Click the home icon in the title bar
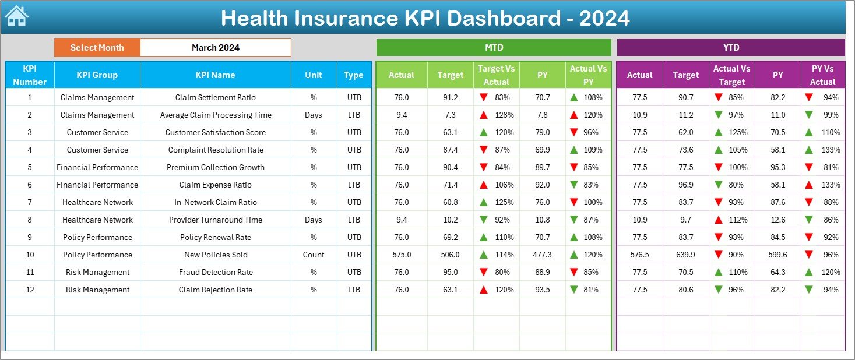pyautogui.click(x=16, y=16)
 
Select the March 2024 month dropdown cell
pyautogui.click(x=215, y=48)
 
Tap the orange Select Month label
pyautogui.click(x=97, y=48)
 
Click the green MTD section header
pyautogui.click(x=494, y=48)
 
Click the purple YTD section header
pyautogui.click(x=731, y=48)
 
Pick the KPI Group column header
pyautogui.click(x=97, y=75)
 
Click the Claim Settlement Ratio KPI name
pyautogui.click(x=215, y=97)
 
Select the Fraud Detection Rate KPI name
pyautogui.click(x=215, y=272)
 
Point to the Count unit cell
pyautogui.click(x=314, y=255)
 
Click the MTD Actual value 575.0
pyautogui.click(x=402, y=255)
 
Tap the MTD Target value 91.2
pyautogui.click(x=450, y=97)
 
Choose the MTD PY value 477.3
pyautogui.click(x=542, y=255)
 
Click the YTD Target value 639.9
pyautogui.click(x=685, y=255)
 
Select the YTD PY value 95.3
pyautogui.click(x=777, y=167)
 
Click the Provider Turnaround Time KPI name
pyautogui.click(x=215, y=220)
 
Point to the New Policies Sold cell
pyautogui.click(x=215, y=255)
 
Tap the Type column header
pyautogui.click(x=353, y=75)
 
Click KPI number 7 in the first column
pyautogui.click(x=30, y=202)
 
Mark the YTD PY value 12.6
pyautogui.click(x=777, y=220)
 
